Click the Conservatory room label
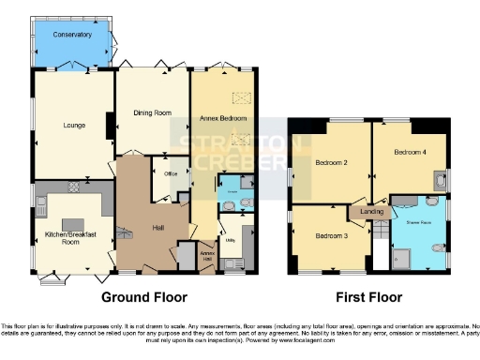[x=72, y=35]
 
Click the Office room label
[x=171, y=173]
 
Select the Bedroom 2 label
[x=331, y=163]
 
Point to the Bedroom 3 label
[x=331, y=235]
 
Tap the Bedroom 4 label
[x=410, y=152]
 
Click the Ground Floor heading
[x=140, y=298]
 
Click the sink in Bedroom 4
[x=440, y=180]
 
